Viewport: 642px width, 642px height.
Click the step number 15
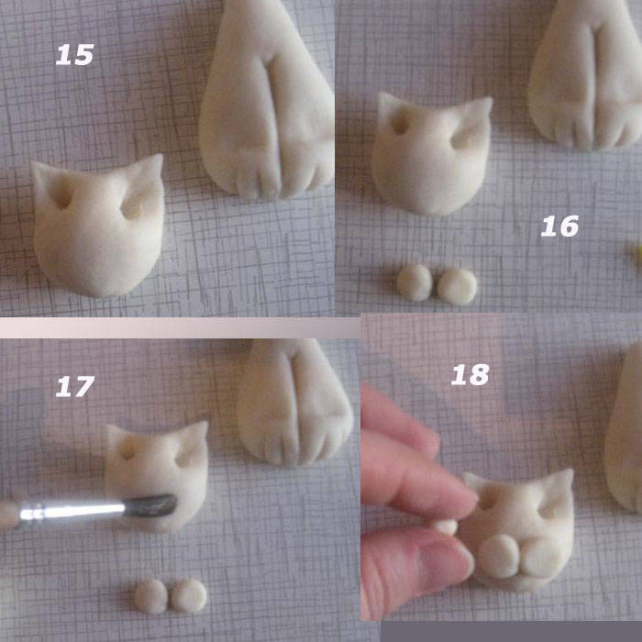74,55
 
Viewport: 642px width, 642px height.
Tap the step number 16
559,226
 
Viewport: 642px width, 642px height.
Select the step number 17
74,387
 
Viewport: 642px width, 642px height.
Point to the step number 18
470,374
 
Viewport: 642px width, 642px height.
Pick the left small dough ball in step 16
415,282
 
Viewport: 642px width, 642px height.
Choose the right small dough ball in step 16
457,286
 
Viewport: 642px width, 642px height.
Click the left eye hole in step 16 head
401,123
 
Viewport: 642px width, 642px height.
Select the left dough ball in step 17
150,596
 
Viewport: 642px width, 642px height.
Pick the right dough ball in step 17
189,596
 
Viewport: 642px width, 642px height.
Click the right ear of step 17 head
194,442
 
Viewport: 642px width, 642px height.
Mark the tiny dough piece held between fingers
446,526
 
